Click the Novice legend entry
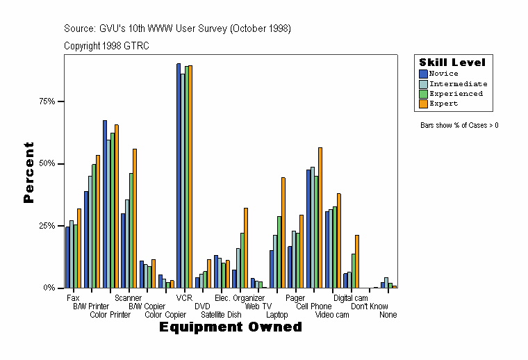(x=443, y=74)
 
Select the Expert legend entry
(x=443, y=104)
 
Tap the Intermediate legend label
(x=458, y=83)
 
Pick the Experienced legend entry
(x=455, y=94)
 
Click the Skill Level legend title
(x=452, y=63)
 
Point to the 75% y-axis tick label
(x=47, y=101)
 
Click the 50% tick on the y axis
(x=47, y=164)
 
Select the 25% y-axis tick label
(x=47, y=226)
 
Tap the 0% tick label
(x=49, y=288)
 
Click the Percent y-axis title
(x=28, y=172)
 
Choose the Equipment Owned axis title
(x=231, y=327)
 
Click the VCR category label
(x=184, y=298)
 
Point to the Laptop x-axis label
(x=277, y=315)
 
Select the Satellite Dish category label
(x=221, y=315)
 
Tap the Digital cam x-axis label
(x=351, y=298)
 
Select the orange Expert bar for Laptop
(x=283, y=232)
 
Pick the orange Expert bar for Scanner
(x=135, y=218)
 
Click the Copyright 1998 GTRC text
(x=106, y=46)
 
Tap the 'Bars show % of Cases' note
(x=459, y=126)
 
